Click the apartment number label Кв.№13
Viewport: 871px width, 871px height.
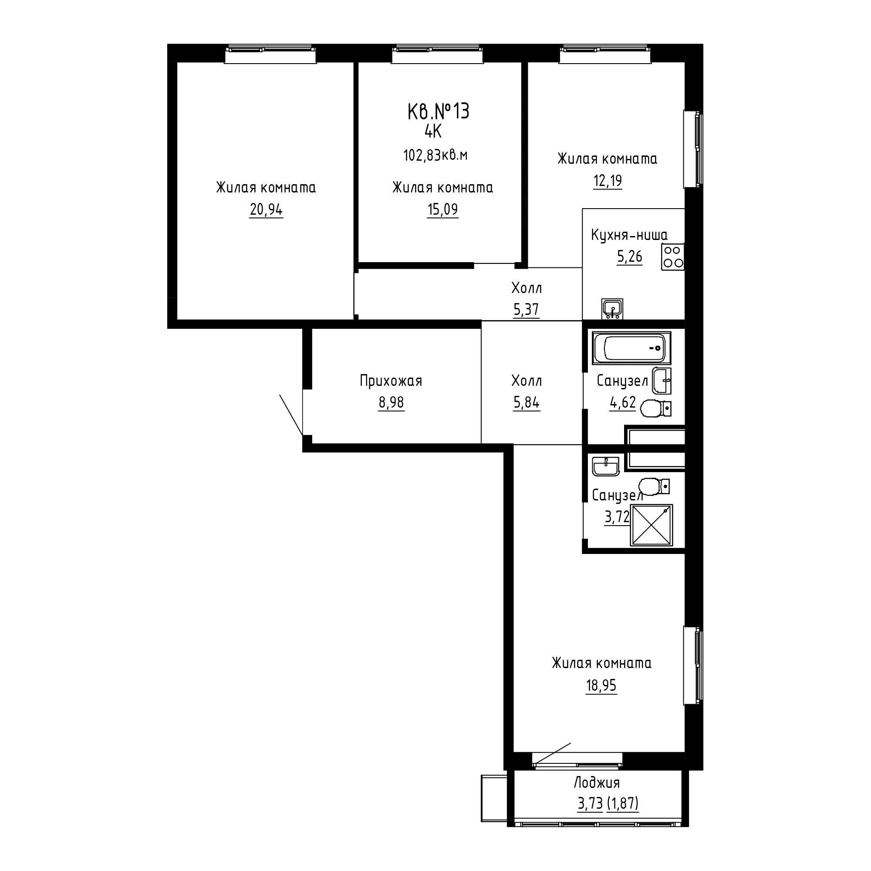coord(438,111)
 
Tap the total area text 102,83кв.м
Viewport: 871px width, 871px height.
coord(435,155)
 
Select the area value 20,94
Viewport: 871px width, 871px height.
coord(266,209)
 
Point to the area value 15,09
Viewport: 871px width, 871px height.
coord(443,209)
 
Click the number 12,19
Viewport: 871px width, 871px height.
coord(607,181)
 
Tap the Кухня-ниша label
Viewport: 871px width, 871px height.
coord(629,235)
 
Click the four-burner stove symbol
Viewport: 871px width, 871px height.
coord(673,257)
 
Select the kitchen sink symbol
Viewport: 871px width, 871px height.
coord(612,309)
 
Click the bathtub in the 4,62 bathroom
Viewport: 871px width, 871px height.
coord(631,348)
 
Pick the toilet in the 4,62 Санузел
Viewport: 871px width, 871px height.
coord(655,408)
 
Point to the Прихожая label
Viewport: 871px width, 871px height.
coord(391,381)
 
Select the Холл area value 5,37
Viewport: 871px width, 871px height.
coord(526,309)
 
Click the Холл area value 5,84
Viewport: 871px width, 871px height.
coord(526,402)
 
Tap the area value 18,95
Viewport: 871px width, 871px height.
coord(601,686)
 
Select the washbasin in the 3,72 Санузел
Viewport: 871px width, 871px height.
coord(606,466)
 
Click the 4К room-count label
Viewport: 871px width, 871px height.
coord(433,132)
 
